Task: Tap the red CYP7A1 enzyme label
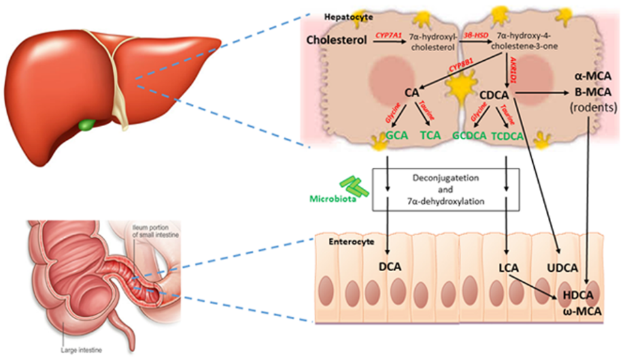coord(389,35)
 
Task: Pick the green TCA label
coord(431,136)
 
